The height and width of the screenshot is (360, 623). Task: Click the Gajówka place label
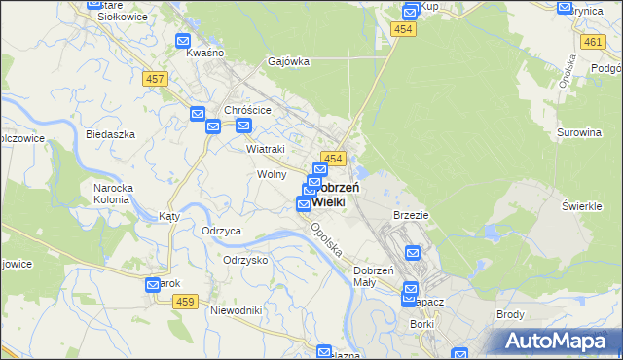tap(289, 61)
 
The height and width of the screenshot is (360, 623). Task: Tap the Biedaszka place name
tap(110, 134)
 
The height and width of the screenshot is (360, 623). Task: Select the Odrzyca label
tap(221, 231)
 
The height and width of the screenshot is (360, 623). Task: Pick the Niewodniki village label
tap(237, 310)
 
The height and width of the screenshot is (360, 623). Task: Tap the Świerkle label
tap(583, 205)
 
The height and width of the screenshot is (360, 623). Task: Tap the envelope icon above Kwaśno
tap(183, 41)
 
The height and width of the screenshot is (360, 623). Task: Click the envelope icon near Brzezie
tap(412, 253)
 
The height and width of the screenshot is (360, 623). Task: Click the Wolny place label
tap(272, 174)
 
